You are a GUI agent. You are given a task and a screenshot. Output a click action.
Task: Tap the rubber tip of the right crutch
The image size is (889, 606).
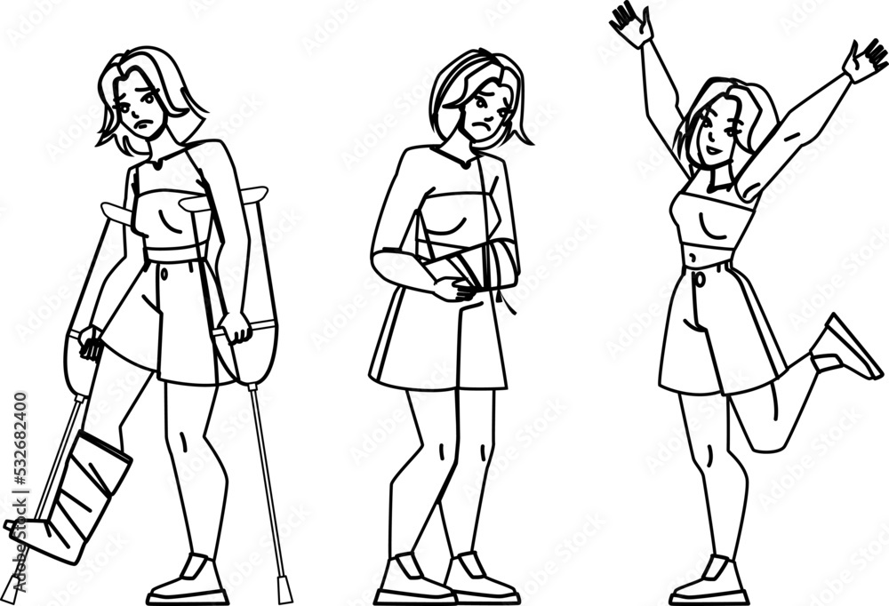pos(285,587)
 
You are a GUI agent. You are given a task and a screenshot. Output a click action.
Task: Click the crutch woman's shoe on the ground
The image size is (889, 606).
pos(190,582)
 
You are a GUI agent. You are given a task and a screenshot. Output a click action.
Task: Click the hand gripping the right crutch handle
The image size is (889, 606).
pos(236,326)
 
